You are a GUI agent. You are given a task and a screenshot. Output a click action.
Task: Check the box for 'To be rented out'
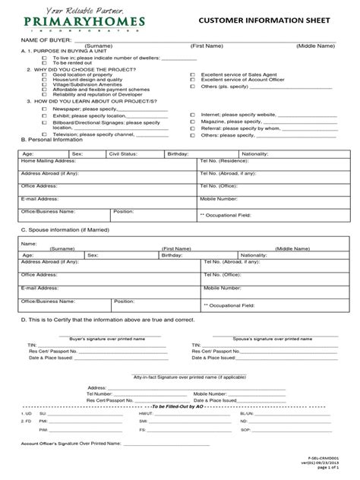(44, 62)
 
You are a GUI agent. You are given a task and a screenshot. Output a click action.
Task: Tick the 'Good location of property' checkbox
(44, 75)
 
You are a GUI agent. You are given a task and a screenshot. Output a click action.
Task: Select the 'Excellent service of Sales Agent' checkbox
(192, 75)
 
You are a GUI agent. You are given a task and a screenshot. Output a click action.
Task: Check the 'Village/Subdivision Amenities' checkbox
(44, 84)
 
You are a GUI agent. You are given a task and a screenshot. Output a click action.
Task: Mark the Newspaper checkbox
(44, 109)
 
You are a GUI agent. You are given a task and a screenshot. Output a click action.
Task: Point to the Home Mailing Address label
(49, 162)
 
